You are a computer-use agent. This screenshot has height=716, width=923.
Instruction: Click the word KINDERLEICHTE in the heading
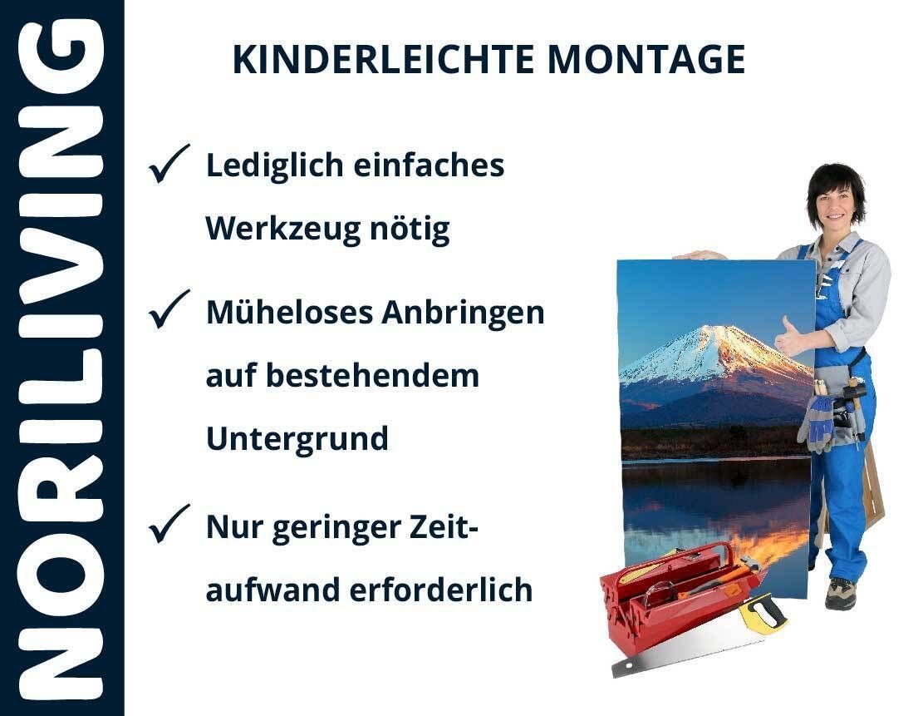click(x=383, y=60)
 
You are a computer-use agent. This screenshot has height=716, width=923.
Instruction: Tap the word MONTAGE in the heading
click(x=646, y=60)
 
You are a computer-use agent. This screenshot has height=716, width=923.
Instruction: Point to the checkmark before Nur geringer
click(x=169, y=524)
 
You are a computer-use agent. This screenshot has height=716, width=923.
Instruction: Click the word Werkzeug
click(x=282, y=230)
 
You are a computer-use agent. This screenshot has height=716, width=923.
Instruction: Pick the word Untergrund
click(x=297, y=439)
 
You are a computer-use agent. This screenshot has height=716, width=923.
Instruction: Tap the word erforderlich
click(x=441, y=590)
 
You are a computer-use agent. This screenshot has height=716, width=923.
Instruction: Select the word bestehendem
click(x=373, y=375)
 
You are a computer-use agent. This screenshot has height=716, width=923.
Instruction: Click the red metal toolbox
click(x=677, y=595)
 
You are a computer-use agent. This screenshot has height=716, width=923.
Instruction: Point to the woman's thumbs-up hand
click(x=788, y=338)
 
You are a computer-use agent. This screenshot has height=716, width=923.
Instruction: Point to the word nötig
click(x=410, y=230)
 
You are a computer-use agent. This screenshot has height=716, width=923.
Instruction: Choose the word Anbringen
click(x=464, y=313)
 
